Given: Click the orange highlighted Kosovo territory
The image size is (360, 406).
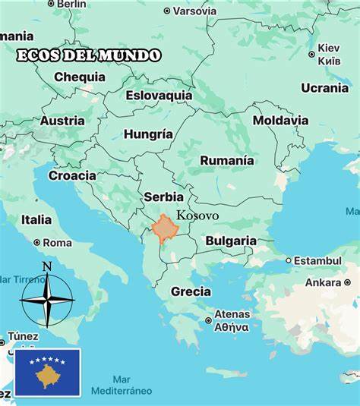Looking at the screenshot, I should click(164, 228).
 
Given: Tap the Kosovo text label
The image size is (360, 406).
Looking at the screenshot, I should click(197, 216).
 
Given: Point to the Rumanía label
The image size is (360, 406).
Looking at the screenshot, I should click(226, 160).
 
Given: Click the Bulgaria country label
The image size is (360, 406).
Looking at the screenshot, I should click(231, 241).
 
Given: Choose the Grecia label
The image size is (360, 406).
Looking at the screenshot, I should click(191, 291).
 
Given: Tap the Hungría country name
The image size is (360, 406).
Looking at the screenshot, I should click(148, 134).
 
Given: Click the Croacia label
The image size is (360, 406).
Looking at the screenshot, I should click(72, 175).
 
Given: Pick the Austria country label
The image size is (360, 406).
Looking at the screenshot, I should click(62, 121).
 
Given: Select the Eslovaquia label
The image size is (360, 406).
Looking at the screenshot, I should click(159, 96).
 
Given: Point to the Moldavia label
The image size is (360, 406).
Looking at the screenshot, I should click(280, 120).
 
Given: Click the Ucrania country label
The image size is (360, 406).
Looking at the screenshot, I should click(324, 88).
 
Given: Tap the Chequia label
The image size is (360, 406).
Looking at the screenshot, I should click(80, 77).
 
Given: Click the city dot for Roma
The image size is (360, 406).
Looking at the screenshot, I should click(37, 243).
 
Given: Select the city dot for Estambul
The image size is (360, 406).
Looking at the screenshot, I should click(289, 260).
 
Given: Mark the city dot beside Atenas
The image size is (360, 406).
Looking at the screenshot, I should click(209, 320).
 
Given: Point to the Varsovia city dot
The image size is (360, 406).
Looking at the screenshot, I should click(167, 11).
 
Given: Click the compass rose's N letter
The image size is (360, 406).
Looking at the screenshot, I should click(47, 266).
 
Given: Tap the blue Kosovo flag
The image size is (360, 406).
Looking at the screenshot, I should click(47, 372).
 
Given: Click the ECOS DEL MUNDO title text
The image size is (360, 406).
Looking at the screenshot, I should click(89, 55).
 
